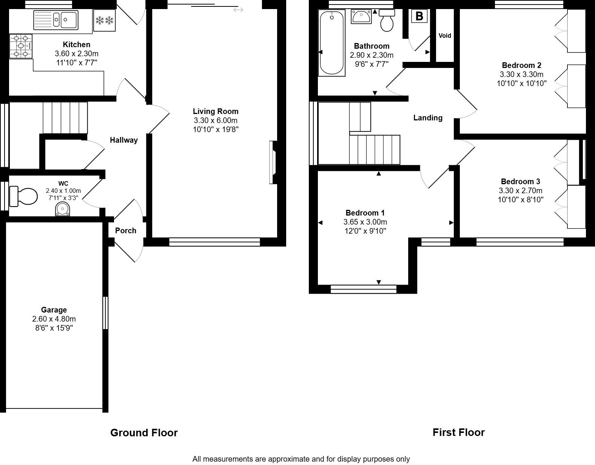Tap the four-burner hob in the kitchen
pos(21,46)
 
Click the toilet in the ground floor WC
pos(24,196)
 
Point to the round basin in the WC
pos(62,209)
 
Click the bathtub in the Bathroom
pos(332,43)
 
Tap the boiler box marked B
pos(419,17)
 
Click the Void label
pos(445,36)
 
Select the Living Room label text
pos(216,111)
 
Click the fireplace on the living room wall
pos(273,162)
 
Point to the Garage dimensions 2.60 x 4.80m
pos(54,319)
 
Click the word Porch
pos(125,231)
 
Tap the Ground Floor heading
pos(144,433)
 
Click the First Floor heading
pos(458,432)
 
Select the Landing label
pos(427,118)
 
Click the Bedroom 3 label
pos(520,182)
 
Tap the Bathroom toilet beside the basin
pos(387,21)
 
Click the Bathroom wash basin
pos(361,17)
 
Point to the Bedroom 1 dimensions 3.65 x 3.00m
pos(365,222)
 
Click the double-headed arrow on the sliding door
pos(238,10)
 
